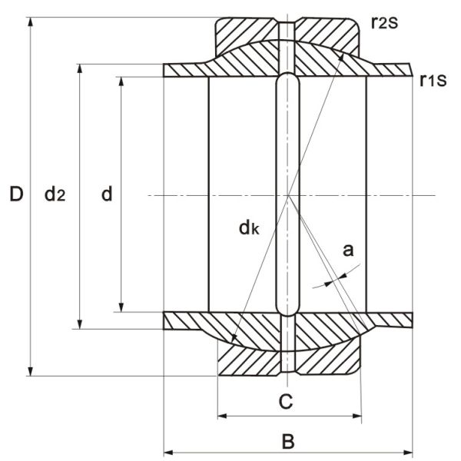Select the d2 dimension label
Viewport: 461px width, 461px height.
(x=54, y=194)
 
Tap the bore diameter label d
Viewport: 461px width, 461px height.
(x=107, y=194)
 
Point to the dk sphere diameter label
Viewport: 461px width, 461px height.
(x=248, y=227)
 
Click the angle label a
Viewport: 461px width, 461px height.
(x=347, y=249)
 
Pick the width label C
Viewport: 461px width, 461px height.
(x=285, y=401)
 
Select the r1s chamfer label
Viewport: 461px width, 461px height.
(x=432, y=78)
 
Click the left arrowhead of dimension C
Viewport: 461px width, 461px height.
(x=222, y=416)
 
